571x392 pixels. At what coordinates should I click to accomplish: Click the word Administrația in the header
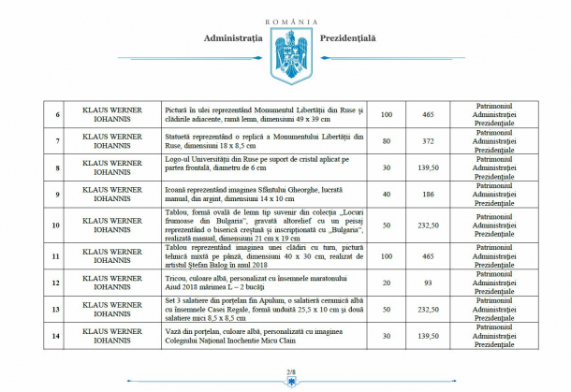(x=227, y=39)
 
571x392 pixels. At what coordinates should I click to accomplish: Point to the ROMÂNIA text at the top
(x=285, y=21)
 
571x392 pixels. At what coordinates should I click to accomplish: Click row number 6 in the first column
(x=58, y=114)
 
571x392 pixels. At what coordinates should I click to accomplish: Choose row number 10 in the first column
(x=58, y=225)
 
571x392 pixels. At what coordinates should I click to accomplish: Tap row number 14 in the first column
(x=58, y=334)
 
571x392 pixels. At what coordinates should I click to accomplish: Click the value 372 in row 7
(x=429, y=141)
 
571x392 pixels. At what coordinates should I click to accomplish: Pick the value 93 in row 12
(x=429, y=282)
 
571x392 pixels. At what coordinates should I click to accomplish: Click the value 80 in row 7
(x=386, y=141)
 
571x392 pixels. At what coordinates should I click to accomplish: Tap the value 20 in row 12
(x=386, y=282)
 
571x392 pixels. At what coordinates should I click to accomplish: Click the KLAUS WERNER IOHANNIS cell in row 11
(x=113, y=255)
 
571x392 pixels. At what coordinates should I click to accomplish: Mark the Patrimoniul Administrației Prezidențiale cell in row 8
(x=501, y=167)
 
